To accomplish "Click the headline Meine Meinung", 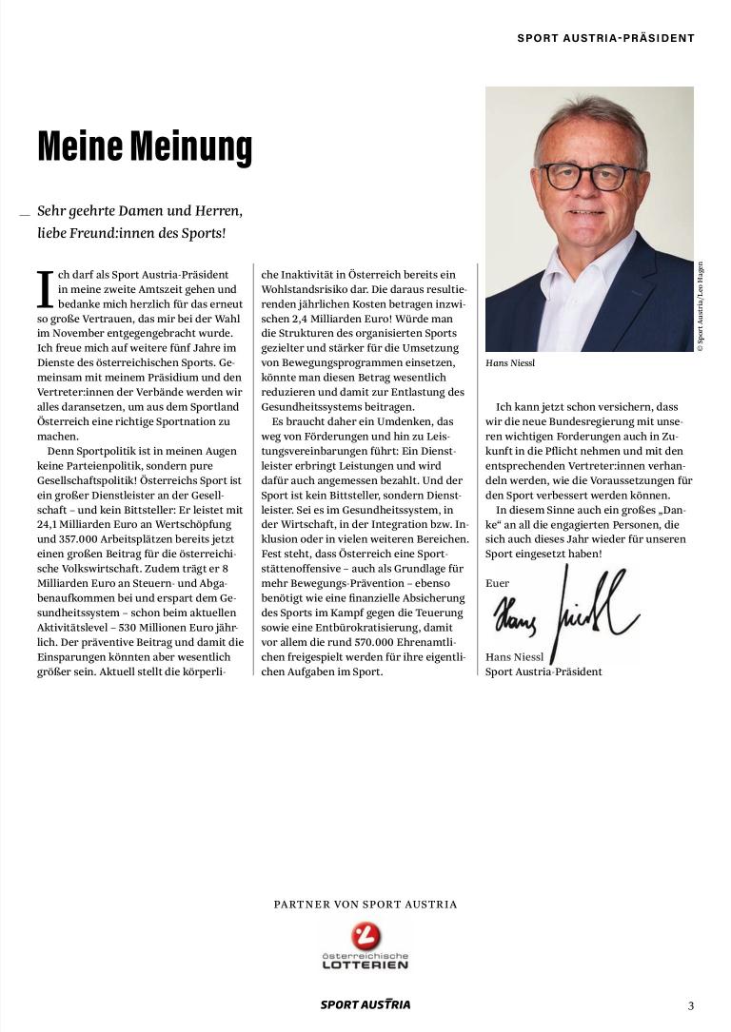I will coord(145,146).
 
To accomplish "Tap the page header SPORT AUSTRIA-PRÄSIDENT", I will coord(605,38).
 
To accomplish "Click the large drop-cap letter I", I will coord(45,289).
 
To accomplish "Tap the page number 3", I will coord(691,1004).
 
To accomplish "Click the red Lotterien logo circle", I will coord(365,936).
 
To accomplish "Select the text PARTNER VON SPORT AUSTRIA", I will coord(365,905).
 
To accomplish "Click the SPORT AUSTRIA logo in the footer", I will coord(365,1004).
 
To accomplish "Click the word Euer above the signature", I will coord(497,583).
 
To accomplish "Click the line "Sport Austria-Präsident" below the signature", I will coord(543,672).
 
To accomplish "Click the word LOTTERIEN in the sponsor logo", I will coord(365,964).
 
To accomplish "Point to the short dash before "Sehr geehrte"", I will coord(25,213).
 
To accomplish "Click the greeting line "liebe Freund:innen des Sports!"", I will coord(131,233).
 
